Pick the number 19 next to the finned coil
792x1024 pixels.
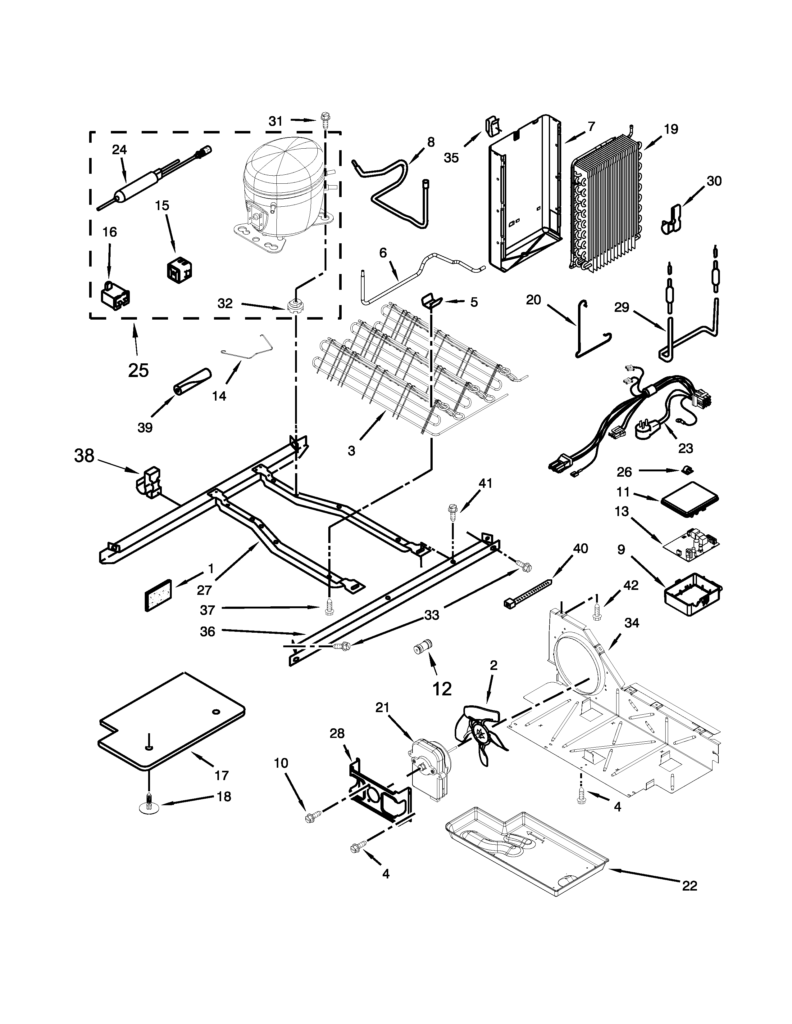[x=671, y=129]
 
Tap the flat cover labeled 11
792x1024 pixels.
[x=690, y=505]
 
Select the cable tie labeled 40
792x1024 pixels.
[x=528, y=592]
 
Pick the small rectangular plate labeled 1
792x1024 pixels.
[x=157, y=595]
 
